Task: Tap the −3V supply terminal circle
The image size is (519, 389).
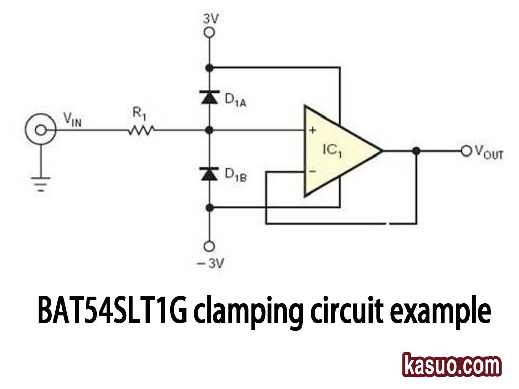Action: click(208, 247)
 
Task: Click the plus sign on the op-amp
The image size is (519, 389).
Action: click(312, 130)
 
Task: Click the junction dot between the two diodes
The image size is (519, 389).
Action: click(208, 130)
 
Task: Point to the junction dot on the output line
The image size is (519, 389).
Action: click(416, 151)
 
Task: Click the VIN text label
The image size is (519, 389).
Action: click(72, 120)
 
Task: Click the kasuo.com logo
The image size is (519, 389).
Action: click(452, 365)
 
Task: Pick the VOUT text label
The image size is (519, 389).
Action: click(489, 152)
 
